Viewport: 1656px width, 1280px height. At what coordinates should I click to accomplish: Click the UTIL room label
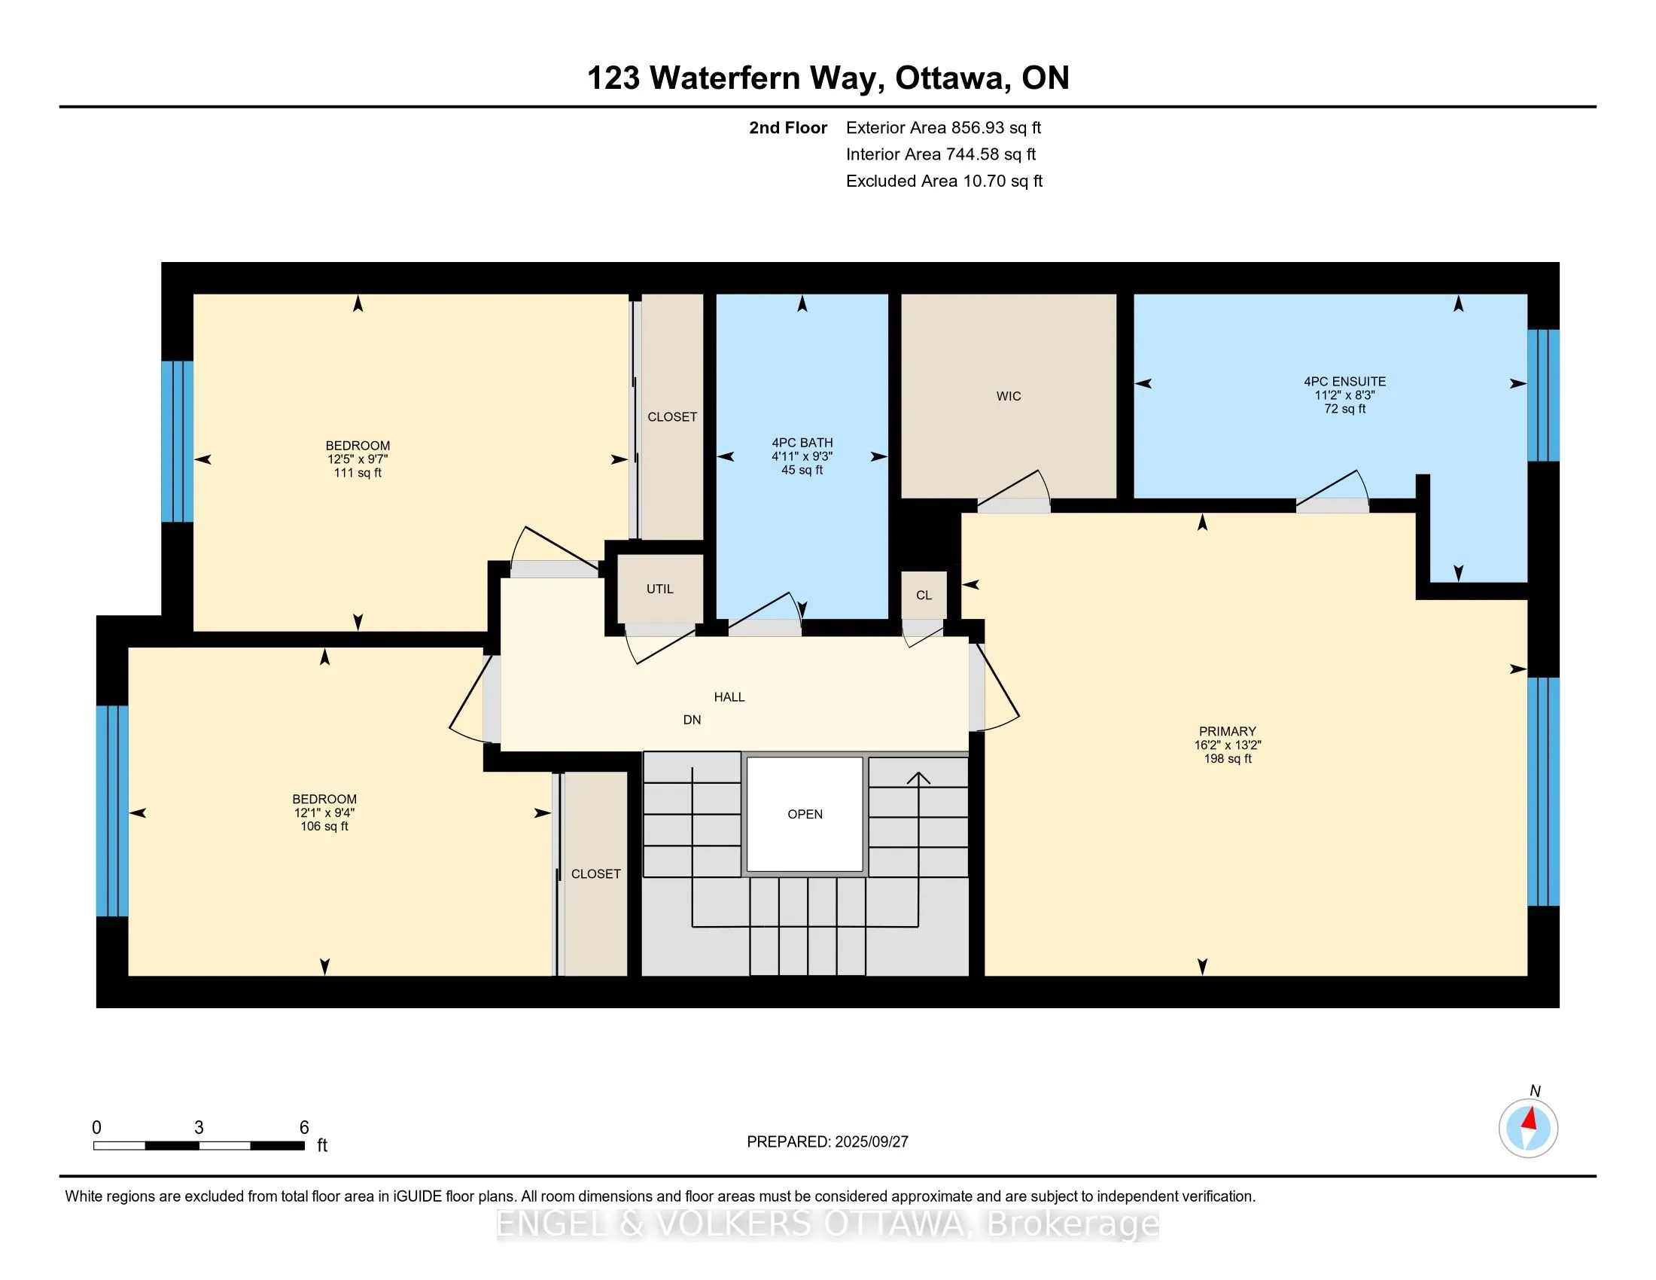[659, 590]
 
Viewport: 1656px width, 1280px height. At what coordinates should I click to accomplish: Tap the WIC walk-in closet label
[1009, 396]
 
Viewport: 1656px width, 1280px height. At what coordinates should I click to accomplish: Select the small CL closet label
[924, 596]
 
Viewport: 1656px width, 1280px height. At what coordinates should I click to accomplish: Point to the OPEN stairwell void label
[805, 815]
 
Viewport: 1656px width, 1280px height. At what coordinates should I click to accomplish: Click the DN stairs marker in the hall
[692, 720]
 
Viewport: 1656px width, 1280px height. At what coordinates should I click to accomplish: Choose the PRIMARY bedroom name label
[1228, 732]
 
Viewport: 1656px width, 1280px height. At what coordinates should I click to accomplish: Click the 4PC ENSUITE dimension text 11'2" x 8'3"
[1344, 395]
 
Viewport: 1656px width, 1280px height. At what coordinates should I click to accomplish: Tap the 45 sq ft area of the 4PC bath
[802, 470]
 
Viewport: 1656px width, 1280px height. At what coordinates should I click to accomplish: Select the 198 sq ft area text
[1228, 758]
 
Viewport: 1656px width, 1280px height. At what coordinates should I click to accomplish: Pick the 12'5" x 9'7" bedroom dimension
[358, 459]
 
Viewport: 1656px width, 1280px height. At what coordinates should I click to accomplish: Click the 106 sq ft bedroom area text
[324, 827]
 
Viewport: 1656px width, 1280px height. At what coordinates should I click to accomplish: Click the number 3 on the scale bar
[199, 1128]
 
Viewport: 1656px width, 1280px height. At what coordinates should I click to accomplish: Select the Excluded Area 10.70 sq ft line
[944, 181]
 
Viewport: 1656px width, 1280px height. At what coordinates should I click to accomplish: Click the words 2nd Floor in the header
[788, 128]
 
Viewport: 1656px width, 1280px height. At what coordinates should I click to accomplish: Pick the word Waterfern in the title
[724, 78]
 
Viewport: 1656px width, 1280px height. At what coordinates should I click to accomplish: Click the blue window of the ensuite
[1543, 395]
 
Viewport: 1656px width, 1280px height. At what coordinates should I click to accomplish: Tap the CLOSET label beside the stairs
[596, 874]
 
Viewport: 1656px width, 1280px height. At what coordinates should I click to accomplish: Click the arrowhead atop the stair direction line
[919, 777]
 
